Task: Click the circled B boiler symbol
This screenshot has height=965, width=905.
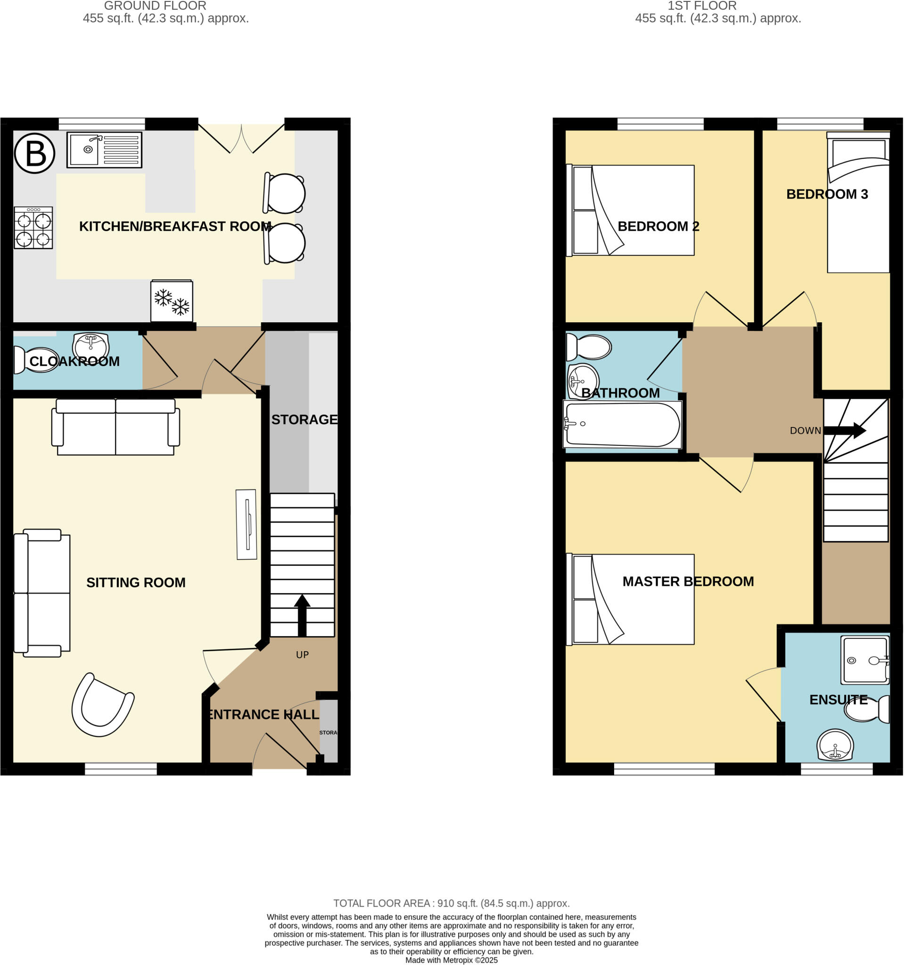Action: (x=34, y=154)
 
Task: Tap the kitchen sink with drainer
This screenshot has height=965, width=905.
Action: (x=104, y=150)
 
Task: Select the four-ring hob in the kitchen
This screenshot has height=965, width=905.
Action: (x=33, y=228)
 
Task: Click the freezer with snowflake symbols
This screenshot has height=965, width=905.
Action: (x=172, y=301)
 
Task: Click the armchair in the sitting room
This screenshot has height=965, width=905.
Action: (x=101, y=705)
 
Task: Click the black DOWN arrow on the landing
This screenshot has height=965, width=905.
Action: (x=844, y=431)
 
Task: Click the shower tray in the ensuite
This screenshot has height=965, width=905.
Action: (x=866, y=660)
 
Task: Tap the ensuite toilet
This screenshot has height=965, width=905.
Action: (x=868, y=709)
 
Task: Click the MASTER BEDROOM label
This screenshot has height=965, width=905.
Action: (x=688, y=581)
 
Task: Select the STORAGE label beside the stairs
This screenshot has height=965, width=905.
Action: (x=304, y=419)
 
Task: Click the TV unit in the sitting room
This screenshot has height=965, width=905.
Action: (x=246, y=524)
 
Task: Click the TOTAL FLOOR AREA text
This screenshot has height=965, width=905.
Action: (x=451, y=903)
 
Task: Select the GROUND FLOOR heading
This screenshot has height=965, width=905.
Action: (x=156, y=6)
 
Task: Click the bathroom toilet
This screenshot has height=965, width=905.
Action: (x=589, y=347)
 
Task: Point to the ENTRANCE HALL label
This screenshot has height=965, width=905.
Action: (x=263, y=714)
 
